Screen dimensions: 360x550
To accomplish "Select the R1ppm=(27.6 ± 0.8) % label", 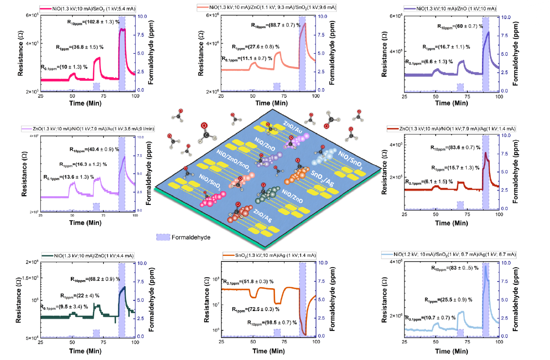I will [255, 47].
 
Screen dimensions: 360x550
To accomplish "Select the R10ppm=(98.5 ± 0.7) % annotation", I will [273, 322].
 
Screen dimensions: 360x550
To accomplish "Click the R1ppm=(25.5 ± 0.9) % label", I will [448, 300].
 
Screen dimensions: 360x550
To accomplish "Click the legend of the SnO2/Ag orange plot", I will [269, 256].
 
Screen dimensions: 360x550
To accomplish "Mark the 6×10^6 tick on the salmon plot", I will [213, 16].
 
